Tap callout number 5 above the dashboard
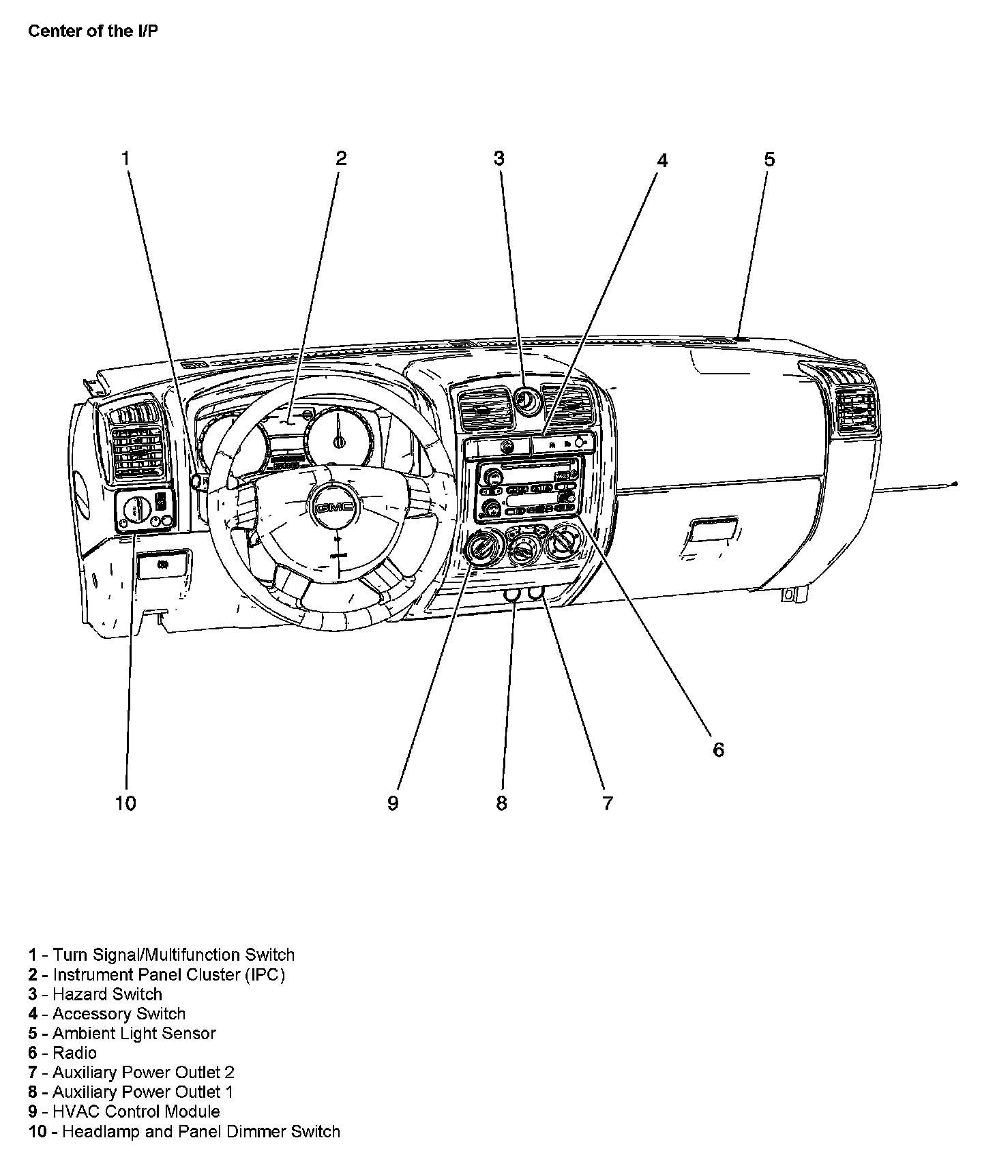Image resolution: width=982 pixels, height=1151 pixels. (769, 160)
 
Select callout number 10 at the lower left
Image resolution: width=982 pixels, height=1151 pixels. (125, 803)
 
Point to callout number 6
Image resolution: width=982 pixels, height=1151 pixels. (718, 749)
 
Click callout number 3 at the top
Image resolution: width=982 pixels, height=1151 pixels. (499, 158)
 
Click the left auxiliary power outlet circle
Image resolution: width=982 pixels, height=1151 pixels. (512, 595)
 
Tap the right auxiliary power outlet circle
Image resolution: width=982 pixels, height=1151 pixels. (536, 593)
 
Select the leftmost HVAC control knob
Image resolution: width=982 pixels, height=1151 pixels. (483, 547)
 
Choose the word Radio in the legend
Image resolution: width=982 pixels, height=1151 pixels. (74, 1053)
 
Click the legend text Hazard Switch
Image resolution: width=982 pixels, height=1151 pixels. (107, 994)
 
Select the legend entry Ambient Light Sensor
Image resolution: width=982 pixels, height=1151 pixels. (134, 1033)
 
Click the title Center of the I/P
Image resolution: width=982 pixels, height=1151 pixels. (93, 31)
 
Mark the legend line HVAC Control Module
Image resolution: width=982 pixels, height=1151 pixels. (136, 1111)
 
